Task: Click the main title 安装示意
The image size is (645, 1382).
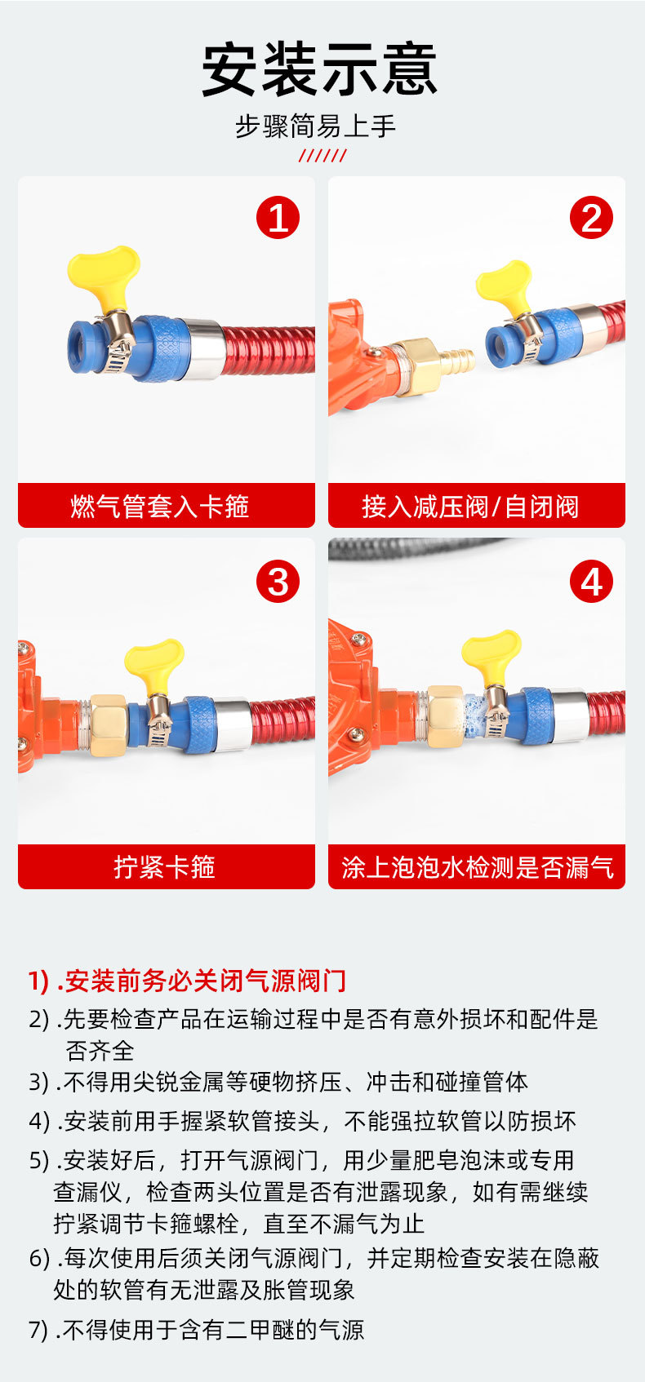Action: pyautogui.click(x=320, y=69)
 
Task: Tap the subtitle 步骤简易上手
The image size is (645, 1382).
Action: pyautogui.click(x=315, y=126)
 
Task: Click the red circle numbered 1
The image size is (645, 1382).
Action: pyautogui.click(x=278, y=218)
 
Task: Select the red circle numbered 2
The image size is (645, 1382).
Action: pyautogui.click(x=591, y=218)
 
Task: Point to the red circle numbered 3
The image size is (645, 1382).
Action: pyautogui.click(x=278, y=581)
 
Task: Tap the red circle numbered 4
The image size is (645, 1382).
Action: pyautogui.click(x=591, y=581)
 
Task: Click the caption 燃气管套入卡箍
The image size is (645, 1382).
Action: pyautogui.click(x=160, y=507)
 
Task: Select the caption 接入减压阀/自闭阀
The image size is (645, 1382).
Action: pyautogui.click(x=470, y=507)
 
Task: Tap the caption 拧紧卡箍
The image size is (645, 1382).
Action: pyautogui.click(x=165, y=867)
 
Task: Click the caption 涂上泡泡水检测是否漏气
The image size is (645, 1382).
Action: pyautogui.click(x=477, y=867)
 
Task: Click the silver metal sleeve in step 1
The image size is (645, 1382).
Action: pyautogui.click(x=203, y=348)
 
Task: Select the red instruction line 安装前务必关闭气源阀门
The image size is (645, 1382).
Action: pyautogui.click(x=188, y=981)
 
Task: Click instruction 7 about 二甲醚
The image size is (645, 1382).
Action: pyautogui.click(x=196, y=1329)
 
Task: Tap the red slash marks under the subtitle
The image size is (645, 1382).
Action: pyautogui.click(x=322, y=156)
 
